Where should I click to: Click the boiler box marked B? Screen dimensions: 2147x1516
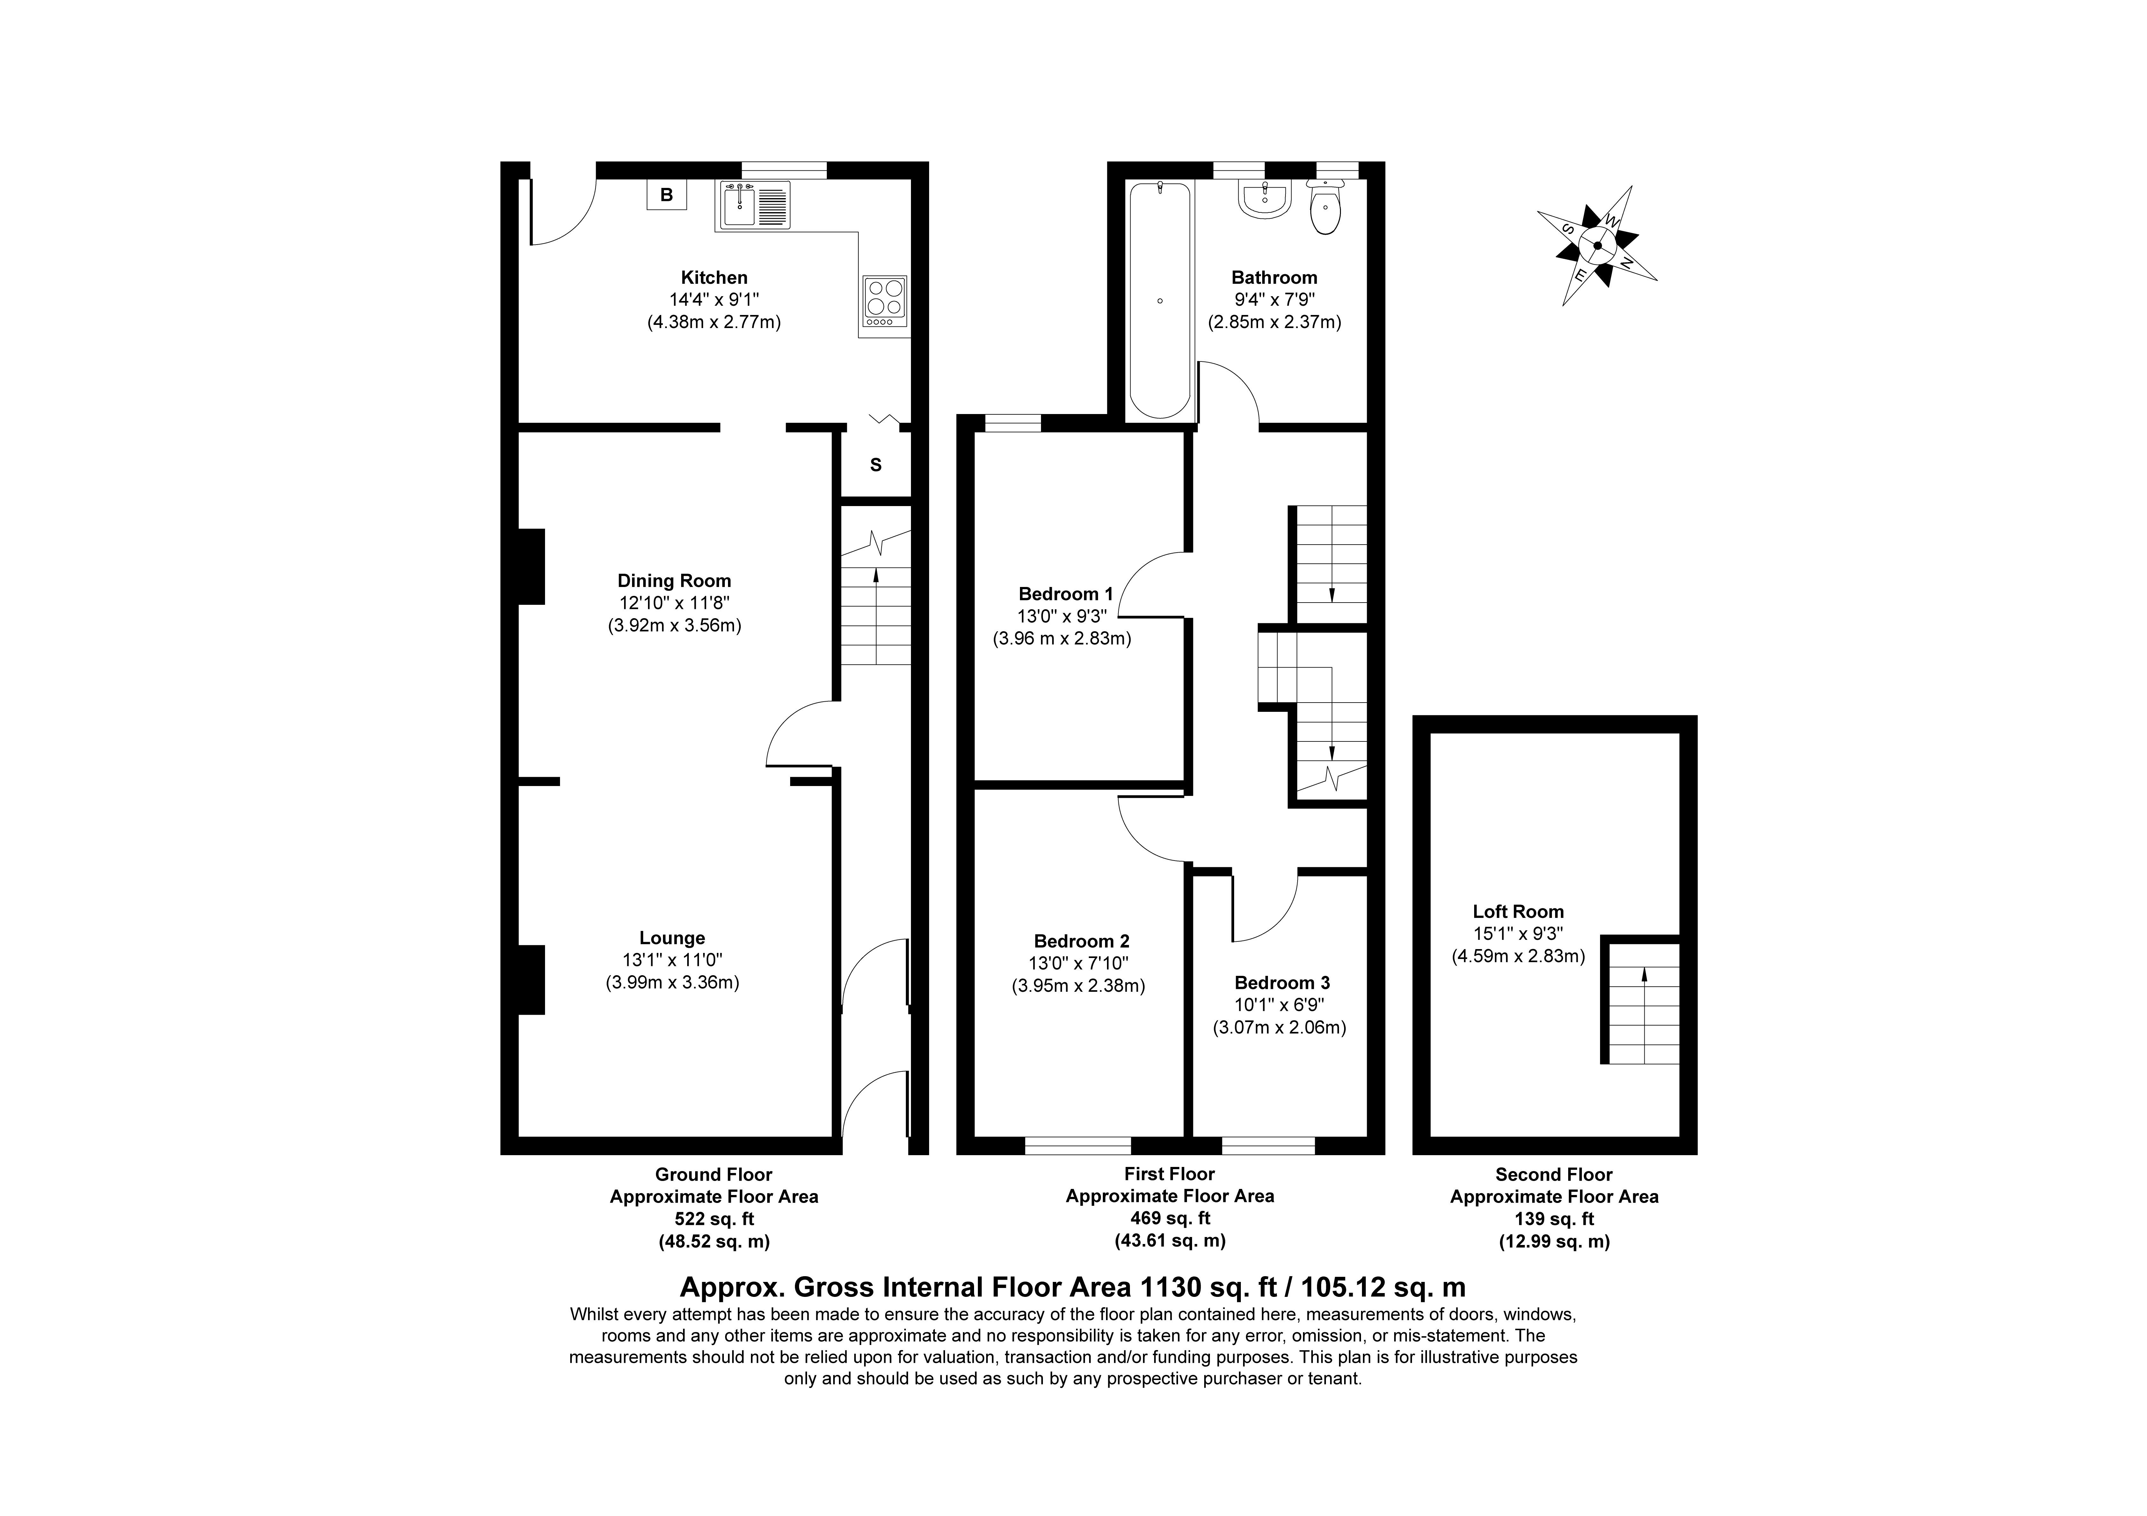[667, 194]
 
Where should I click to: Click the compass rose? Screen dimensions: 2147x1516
[1597, 246]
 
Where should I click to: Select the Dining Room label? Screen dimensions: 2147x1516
[674, 580]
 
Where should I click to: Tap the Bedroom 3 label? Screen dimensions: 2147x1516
[1282, 982]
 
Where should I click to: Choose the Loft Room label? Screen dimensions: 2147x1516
[1518, 911]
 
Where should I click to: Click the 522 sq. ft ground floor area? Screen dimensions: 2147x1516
[714, 1219]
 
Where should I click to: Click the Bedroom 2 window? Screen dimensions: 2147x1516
[1078, 1145]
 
